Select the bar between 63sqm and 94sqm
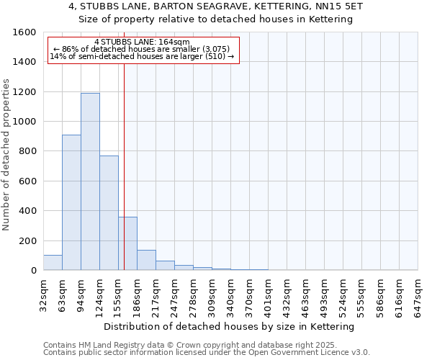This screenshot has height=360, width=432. click(x=71, y=202)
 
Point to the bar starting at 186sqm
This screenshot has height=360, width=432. click(x=146, y=260)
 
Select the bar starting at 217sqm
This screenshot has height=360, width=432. click(x=165, y=266)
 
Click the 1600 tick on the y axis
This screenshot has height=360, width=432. click(x=24, y=32)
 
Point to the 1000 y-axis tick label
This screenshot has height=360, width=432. click(x=24, y=122)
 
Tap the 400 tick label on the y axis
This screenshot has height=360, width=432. click(x=27, y=211)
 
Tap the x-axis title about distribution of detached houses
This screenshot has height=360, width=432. click(x=230, y=327)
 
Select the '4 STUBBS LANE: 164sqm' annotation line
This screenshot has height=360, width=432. click(x=142, y=42)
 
